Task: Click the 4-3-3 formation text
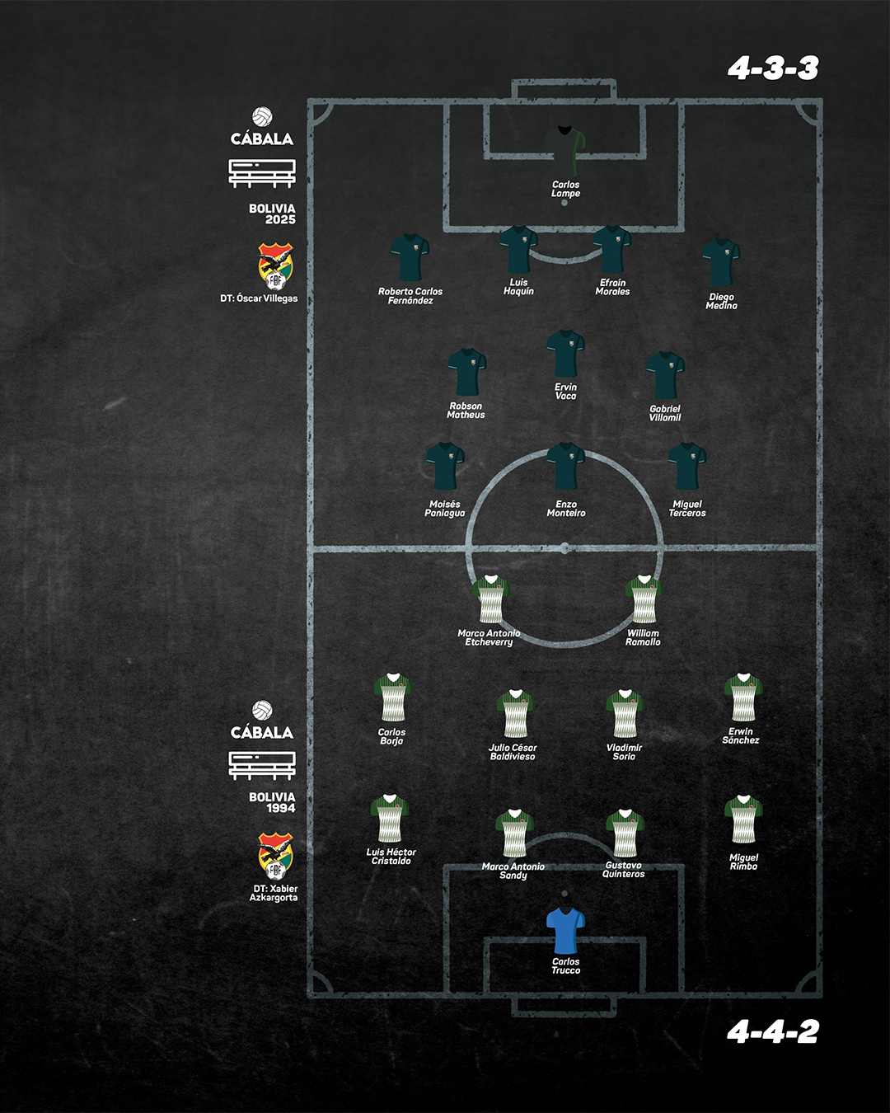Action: pos(773,68)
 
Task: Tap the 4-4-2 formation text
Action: pos(773,1031)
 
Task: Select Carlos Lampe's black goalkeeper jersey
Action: pos(564,151)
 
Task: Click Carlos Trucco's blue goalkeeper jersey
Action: pos(565,929)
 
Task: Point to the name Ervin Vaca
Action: pos(565,391)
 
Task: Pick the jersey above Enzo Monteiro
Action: pos(566,466)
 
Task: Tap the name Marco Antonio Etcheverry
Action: pos(489,637)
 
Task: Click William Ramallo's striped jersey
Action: pos(644,599)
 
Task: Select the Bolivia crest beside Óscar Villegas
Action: pos(275,267)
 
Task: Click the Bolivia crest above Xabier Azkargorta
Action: pos(275,857)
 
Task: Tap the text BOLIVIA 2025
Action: pos(272,214)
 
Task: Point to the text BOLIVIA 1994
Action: pos(272,802)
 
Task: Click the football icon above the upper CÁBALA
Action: pos(262,116)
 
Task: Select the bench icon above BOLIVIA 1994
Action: pos(262,766)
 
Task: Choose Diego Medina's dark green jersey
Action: pos(721,262)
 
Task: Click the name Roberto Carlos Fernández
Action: pos(410,296)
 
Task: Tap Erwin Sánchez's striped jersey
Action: pos(743,697)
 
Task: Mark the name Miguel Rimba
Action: pos(743,862)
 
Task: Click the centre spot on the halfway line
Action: pos(564,547)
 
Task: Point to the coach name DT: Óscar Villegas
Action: pos(259,298)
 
